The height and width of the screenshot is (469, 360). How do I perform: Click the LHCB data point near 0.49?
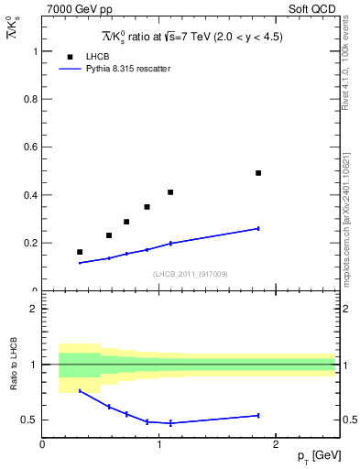(258, 173)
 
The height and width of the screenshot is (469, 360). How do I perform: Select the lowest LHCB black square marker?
(80, 252)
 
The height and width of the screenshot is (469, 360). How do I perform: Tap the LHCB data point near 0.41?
(170, 192)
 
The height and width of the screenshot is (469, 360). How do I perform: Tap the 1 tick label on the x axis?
(159, 444)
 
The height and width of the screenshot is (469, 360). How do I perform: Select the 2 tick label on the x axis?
(278, 444)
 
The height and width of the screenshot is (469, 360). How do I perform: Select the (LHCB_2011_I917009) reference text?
(190, 274)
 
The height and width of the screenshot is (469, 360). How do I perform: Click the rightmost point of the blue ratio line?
(258, 415)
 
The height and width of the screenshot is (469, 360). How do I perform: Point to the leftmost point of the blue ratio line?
(80, 391)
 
